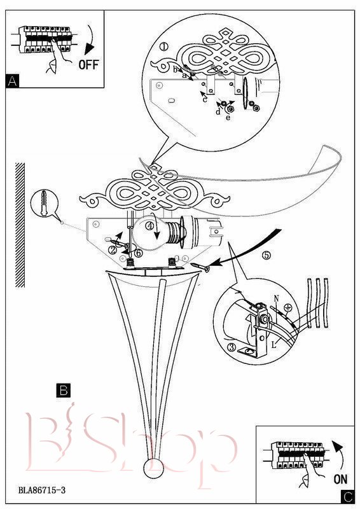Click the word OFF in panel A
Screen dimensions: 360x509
(88, 65)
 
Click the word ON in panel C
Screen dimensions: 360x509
(340, 479)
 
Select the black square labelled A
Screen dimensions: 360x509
(12, 81)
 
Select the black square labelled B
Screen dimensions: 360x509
(64, 391)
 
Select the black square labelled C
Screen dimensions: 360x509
(347, 497)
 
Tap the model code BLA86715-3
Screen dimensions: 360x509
(42, 490)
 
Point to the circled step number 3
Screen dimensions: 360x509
(232, 347)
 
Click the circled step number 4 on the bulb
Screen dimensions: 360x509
(149, 227)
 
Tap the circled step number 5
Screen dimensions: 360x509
(266, 256)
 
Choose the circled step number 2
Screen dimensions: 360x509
(113, 250)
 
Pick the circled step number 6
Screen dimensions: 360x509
(138, 253)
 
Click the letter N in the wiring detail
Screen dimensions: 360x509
(276, 298)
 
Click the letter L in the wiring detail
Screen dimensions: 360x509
(274, 345)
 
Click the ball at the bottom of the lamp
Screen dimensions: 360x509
(153, 468)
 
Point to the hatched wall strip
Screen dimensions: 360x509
(20, 225)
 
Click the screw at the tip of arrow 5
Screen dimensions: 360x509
(201, 267)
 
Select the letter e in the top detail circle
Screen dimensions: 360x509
(228, 118)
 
